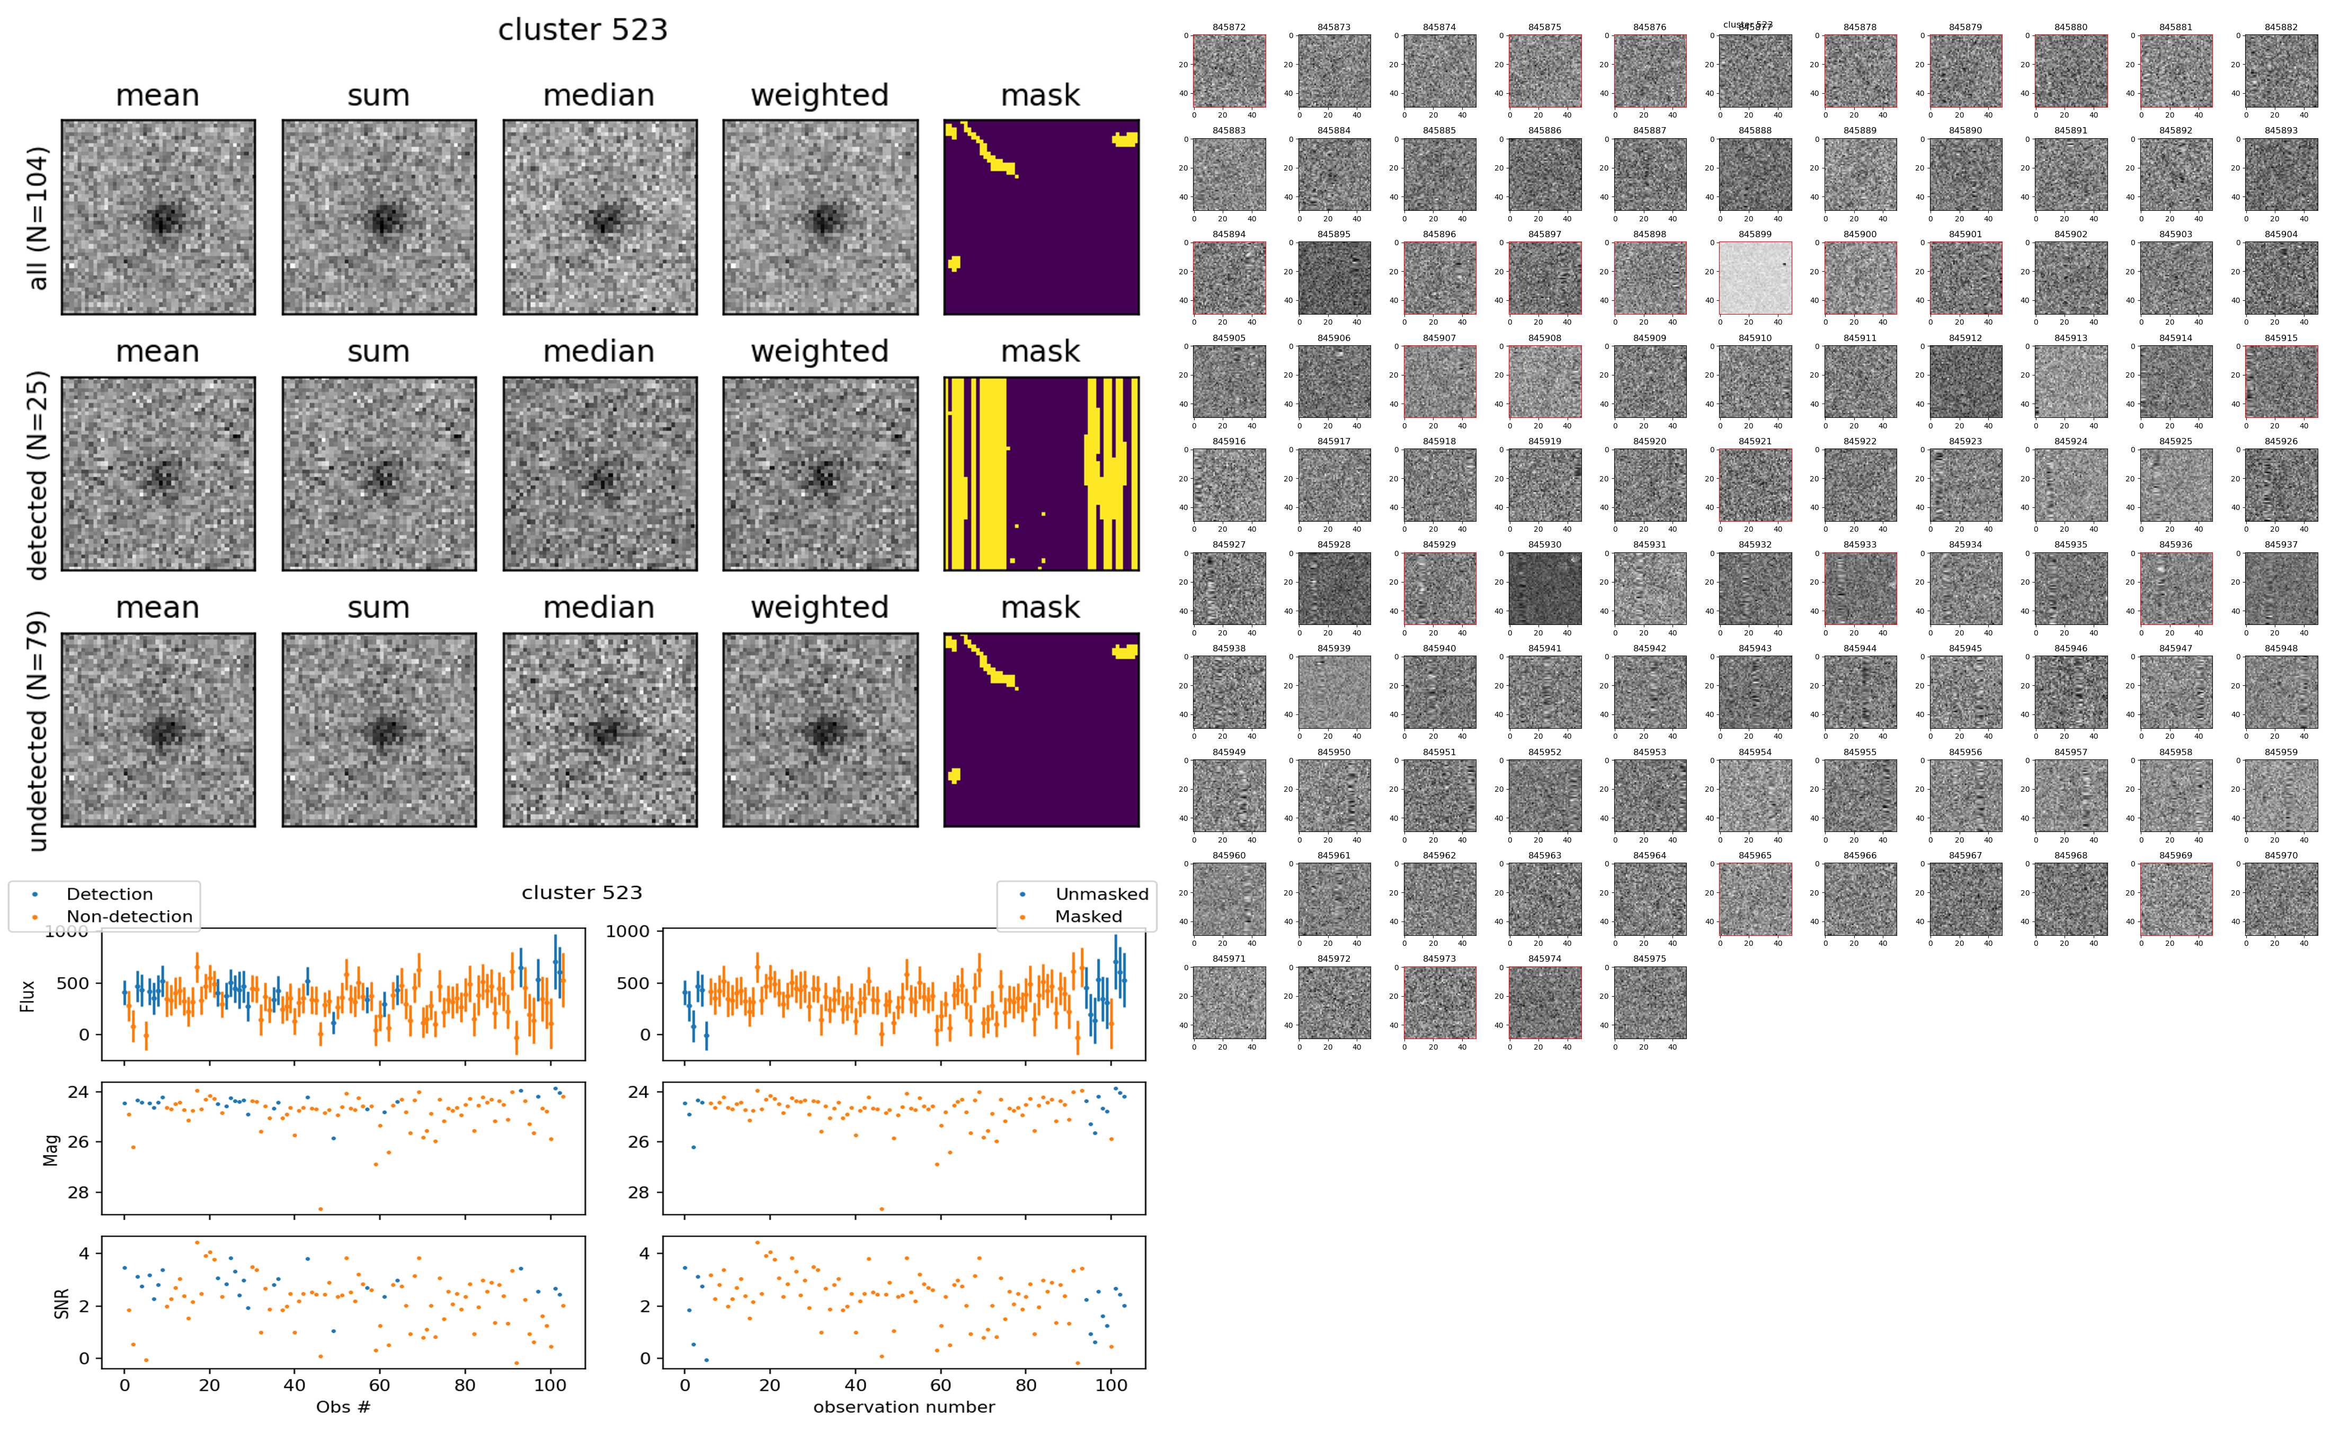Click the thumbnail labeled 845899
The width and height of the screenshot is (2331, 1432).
point(1755,278)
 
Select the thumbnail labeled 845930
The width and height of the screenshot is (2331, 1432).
point(1545,588)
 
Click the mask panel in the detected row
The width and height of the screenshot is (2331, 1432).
point(1041,473)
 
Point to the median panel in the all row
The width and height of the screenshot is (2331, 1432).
point(600,217)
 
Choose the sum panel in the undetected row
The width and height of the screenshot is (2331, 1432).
point(379,729)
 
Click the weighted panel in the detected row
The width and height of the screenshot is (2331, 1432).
point(820,473)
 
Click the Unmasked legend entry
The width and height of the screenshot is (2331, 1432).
point(1101,894)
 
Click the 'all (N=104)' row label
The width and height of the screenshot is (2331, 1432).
point(38,218)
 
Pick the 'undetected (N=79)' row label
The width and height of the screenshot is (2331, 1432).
point(38,730)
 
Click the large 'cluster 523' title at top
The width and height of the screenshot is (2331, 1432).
point(583,30)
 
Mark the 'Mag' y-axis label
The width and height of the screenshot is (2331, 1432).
point(52,1149)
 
